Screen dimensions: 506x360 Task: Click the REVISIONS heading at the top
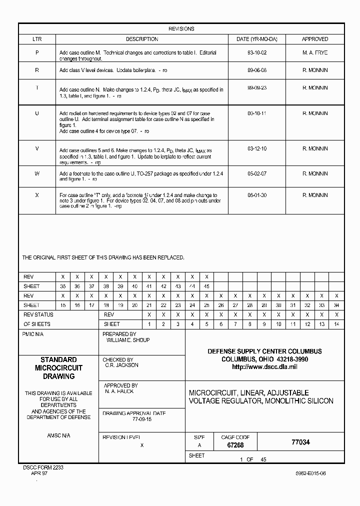click(x=181, y=29)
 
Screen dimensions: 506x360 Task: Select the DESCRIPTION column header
click(x=142, y=39)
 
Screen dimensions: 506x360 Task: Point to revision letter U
click(x=37, y=113)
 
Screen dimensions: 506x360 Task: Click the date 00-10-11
click(x=257, y=113)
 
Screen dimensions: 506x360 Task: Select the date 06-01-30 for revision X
click(x=257, y=195)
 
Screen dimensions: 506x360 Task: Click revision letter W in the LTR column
click(x=37, y=173)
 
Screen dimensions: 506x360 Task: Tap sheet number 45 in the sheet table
click(x=206, y=286)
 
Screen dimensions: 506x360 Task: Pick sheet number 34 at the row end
click(x=336, y=305)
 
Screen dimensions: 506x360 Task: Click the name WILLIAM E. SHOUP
click(x=128, y=340)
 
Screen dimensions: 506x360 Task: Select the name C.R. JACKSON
click(x=122, y=365)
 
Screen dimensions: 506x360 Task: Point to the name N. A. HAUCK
click(x=119, y=391)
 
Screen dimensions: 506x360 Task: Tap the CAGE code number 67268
click(x=235, y=445)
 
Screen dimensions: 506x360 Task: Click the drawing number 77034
click(x=300, y=442)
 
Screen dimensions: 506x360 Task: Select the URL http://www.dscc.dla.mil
click(x=264, y=367)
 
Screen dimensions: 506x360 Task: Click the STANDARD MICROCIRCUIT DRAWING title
click(x=58, y=368)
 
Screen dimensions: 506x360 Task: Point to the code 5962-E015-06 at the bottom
click(x=309, y=473)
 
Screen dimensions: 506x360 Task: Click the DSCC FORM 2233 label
click(x=43, y=467)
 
